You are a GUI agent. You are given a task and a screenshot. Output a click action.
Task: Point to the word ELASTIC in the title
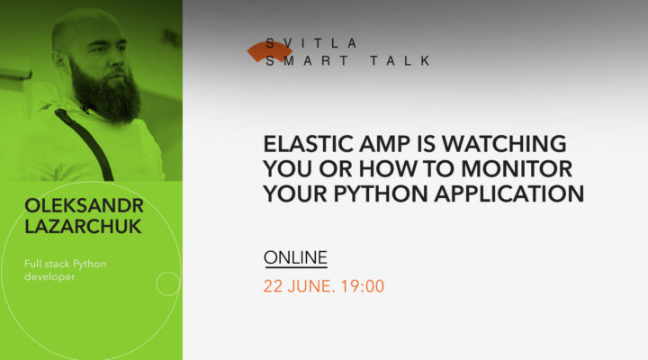(305, 144)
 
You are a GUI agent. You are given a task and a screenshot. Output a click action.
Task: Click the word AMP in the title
(381, 144)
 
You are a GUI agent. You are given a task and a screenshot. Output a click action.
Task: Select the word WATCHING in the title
(503, 144)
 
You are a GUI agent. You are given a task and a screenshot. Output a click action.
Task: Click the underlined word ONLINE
(295, 258)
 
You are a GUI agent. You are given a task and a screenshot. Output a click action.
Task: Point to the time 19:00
(364, 287)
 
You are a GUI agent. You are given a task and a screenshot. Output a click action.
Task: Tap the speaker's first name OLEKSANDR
(84, 207)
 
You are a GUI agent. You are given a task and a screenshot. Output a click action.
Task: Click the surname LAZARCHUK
(84, 227)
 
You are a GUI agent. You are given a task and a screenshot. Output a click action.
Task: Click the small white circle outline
(167, 283)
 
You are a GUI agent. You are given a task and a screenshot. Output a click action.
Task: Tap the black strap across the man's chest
(86, 144)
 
